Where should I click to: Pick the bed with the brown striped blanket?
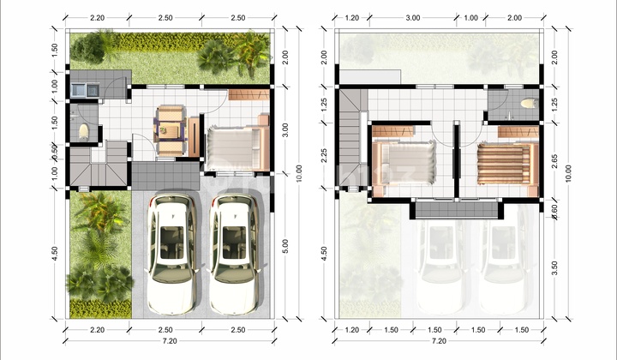click(x=506, y=163)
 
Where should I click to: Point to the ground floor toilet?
click(x=83, y=131)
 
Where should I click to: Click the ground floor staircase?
click(x=90, y=165)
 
